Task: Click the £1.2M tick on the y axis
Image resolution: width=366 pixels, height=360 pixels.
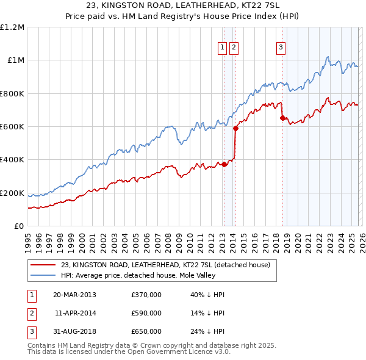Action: point(12,27)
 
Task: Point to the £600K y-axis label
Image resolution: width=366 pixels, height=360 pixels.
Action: point(12,127)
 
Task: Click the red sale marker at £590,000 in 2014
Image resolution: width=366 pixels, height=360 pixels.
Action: point(235,128)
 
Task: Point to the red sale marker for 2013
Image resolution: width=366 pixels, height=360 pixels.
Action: point(224,164)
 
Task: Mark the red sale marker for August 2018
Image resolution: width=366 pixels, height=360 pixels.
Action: point(282,118)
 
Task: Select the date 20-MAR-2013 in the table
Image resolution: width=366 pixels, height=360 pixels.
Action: point(74,295)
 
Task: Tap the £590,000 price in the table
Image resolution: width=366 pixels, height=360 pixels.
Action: point(146,313)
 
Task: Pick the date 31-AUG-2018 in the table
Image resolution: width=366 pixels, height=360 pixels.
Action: point(74,331)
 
